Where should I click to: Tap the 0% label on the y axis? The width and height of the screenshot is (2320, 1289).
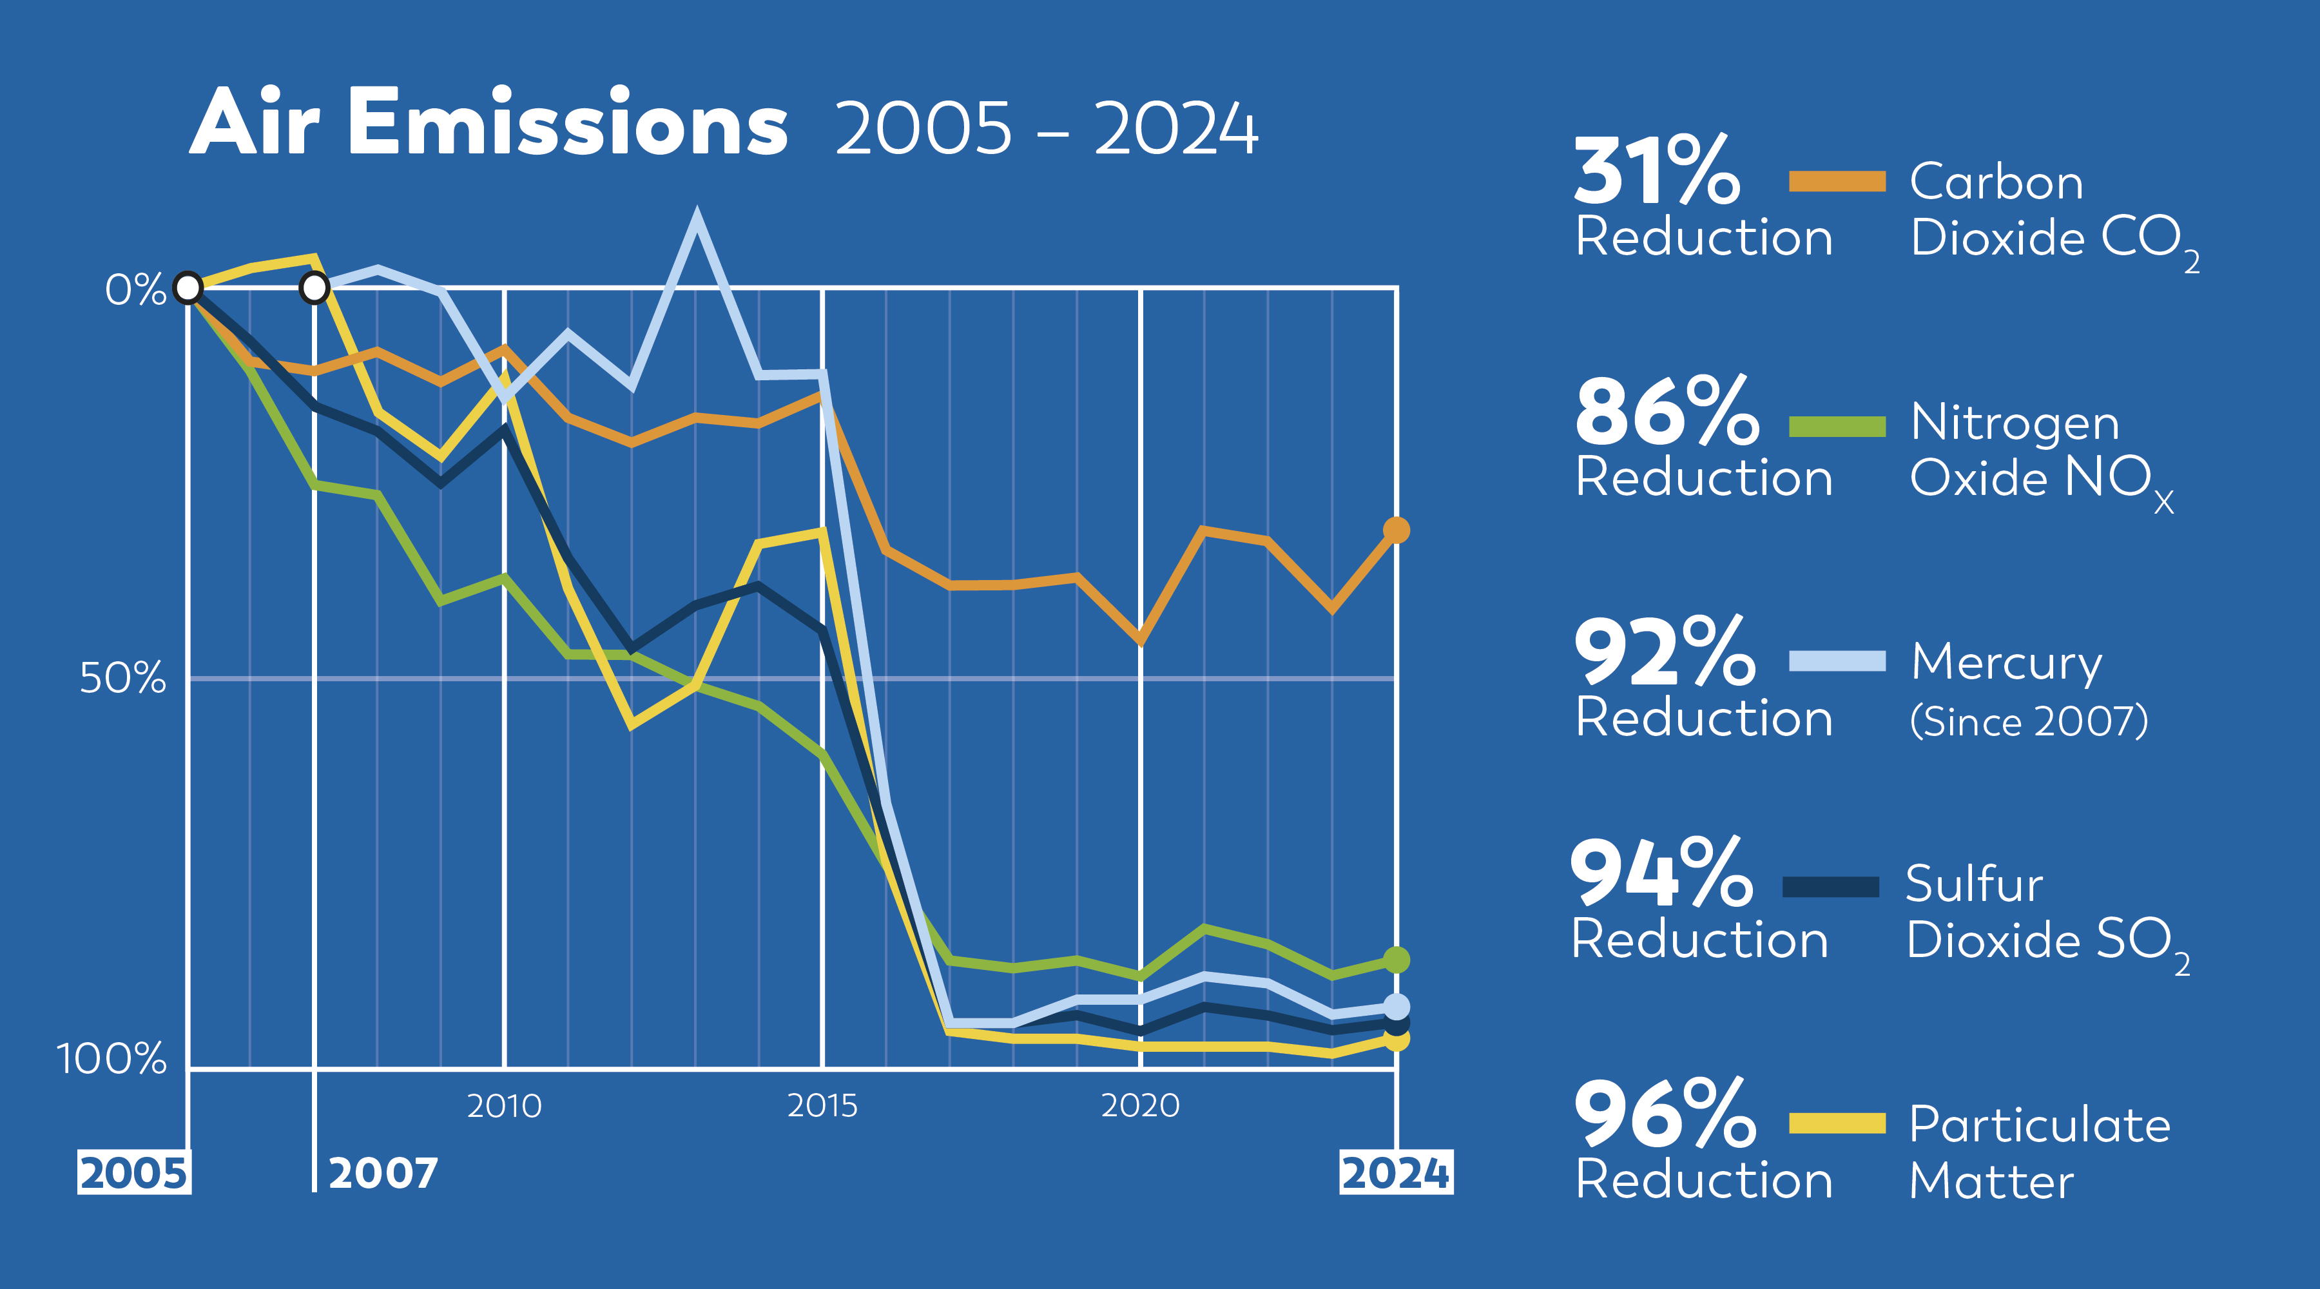click(135, 290)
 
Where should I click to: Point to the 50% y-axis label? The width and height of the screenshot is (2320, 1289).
click(123, 677)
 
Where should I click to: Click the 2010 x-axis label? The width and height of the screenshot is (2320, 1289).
click(505, 1105)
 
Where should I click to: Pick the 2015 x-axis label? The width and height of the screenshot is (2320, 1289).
click(822, 1105)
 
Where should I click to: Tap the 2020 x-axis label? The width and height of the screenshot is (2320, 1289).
click(1140, 1105)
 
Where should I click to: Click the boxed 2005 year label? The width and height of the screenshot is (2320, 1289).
click(133, 1173)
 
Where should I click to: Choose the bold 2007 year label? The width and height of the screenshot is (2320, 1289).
click(383, 1173)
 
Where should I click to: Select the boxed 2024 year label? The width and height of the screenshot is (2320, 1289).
click(1395, 1173)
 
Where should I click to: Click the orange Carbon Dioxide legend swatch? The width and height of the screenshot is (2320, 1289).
click(1837, 181)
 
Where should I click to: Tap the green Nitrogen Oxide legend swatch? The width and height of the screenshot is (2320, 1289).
click(1837, 426)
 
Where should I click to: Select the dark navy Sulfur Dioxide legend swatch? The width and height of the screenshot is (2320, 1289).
click(1830, 887)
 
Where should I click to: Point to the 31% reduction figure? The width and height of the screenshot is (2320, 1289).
click(1656, 171)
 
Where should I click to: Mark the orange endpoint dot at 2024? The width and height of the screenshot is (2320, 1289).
click(1396, 530)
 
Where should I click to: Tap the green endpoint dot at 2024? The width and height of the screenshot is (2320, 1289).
click(1396, 960)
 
